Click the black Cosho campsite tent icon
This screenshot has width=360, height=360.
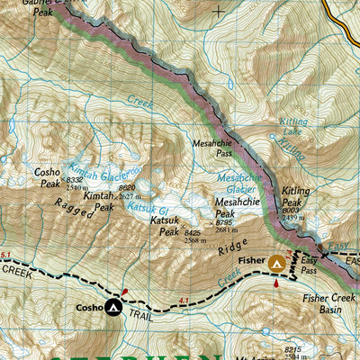coord(113,309)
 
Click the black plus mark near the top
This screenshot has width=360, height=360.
coord(220,13)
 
